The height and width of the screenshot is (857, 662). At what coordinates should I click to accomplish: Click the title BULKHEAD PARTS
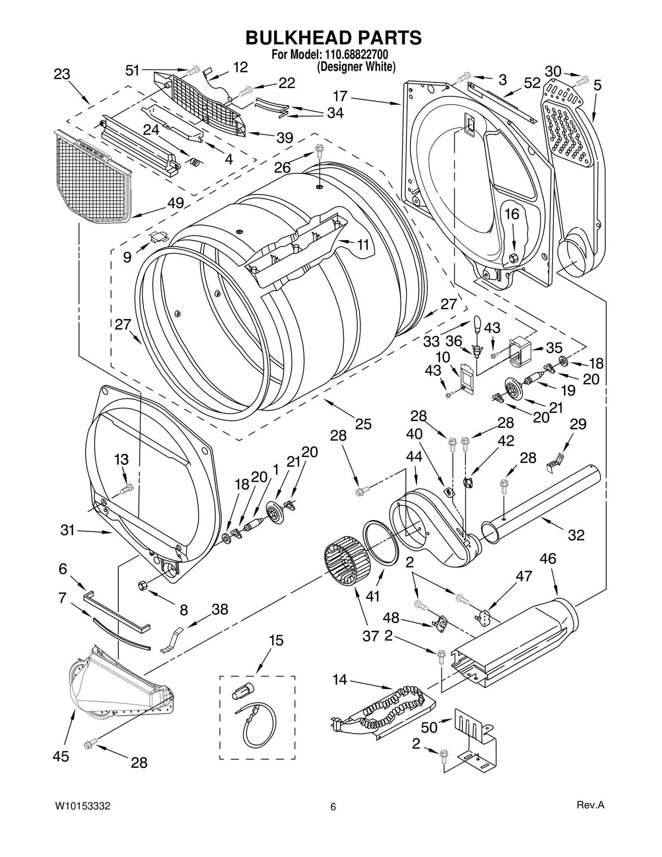333,38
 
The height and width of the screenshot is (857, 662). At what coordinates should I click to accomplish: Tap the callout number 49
175,203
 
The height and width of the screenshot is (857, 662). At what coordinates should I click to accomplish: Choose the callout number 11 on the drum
363,245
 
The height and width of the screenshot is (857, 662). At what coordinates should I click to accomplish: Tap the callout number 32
576,535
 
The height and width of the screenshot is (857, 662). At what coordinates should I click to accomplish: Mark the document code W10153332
83,817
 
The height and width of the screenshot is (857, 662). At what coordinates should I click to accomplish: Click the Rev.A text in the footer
590,816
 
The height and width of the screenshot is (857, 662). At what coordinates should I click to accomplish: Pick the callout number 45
61,756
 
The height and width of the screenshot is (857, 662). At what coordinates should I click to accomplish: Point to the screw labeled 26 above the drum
319,150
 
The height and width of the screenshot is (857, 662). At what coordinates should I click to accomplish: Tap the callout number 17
340,96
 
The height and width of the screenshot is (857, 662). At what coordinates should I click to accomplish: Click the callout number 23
62,74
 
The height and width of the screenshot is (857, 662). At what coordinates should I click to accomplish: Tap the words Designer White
356,67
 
